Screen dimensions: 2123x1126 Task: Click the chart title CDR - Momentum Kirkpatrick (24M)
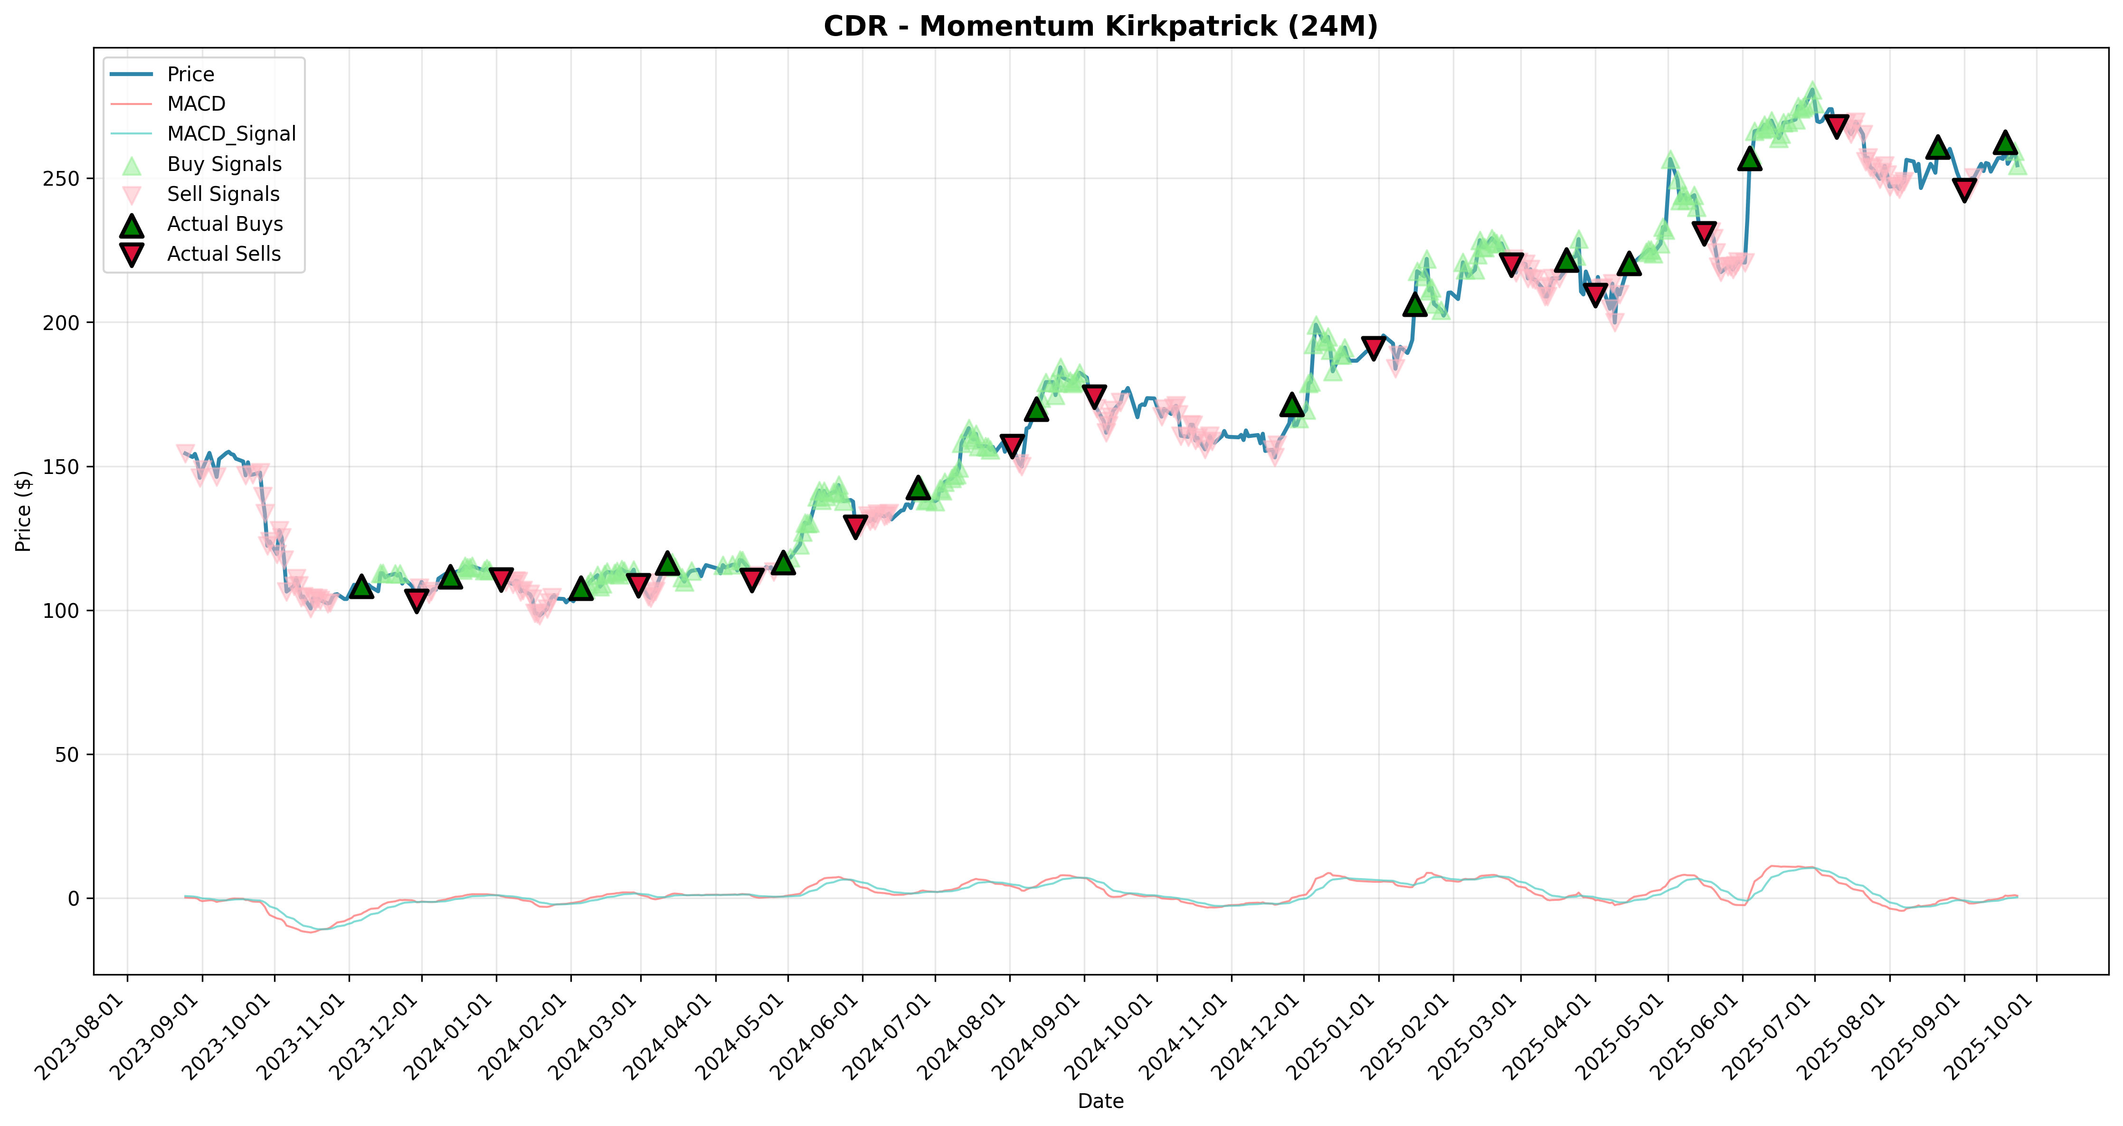click(x=1100, y=27)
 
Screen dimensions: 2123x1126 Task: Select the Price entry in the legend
click(x=190, y=74)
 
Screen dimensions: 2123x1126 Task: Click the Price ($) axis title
click(x=23, y=511)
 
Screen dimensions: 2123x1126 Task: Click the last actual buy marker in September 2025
click(x=2005, y=142)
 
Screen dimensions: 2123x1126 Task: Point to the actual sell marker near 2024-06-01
click(x=855, y=526)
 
